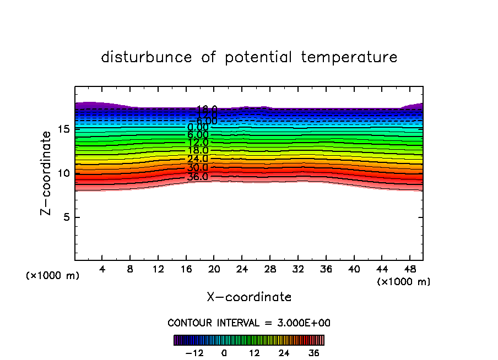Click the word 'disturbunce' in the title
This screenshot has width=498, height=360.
(146, 57)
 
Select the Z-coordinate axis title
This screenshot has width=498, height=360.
(47, 173)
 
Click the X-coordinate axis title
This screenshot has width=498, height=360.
(249, 297)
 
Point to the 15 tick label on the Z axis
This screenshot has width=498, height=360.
(62, 129)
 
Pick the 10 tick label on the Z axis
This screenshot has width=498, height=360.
(62, 173)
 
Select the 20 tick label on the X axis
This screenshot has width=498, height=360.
(214, 270)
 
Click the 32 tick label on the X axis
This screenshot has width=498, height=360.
(298, 270)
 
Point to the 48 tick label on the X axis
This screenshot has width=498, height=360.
(410, 270)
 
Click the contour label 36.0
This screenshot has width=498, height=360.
(197, 177)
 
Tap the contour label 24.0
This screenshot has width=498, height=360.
(197, 159)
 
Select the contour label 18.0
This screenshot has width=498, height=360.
(197, 150)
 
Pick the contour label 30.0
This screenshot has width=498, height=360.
(197, 168)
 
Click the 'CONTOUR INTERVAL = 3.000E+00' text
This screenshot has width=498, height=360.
(249, 323)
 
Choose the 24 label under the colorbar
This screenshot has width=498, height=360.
(284, 353)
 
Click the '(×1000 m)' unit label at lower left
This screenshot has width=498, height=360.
(53, 276)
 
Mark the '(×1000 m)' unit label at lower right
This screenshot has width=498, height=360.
(404, 282)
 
